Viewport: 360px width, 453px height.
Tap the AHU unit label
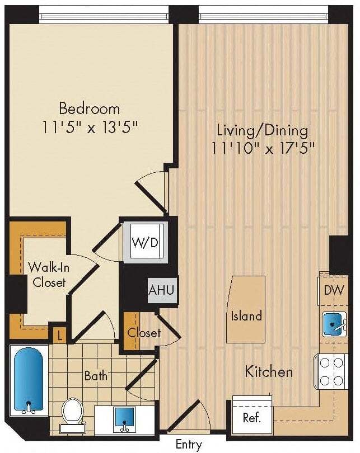click(161, 290)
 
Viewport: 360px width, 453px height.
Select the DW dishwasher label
click(334, 290)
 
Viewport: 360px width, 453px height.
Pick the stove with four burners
click(331, 372)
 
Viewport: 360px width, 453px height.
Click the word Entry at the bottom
click(189, 445)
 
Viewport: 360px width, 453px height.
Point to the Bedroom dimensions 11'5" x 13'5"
click(90, 127)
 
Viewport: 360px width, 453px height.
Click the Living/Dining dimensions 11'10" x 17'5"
click(263, 148)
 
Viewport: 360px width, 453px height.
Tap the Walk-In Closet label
click(49, 275)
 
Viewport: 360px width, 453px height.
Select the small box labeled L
click(59, 336)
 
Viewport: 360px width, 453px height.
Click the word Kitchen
click(269, 371)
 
